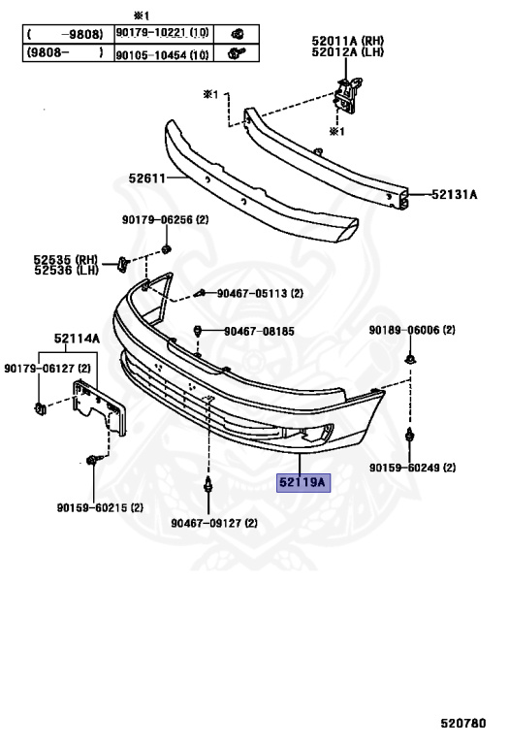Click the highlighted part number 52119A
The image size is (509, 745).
point(303,482)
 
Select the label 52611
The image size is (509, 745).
point(146,178)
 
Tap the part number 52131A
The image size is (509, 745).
point(455,194)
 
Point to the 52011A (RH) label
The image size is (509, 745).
point(347,41)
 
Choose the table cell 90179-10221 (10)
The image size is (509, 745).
point(162,33)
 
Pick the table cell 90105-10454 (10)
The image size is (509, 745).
point(162,54)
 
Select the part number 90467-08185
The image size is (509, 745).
point(259,331)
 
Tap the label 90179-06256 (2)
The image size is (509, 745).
point(165,219)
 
